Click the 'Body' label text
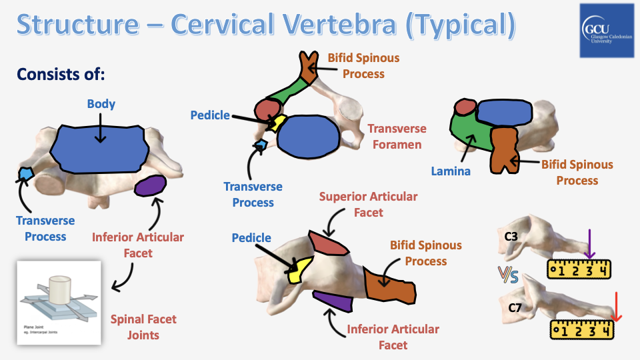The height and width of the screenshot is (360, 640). coord(101,104)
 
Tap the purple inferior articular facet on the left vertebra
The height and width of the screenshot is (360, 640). coord(150,185)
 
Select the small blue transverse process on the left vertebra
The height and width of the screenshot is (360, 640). coord(25,173)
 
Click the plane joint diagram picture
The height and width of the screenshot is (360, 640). coord(58,302)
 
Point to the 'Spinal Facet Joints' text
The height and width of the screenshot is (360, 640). coord(143,327)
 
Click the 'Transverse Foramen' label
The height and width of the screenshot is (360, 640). coord(397,136)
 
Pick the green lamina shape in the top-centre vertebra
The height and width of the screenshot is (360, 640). coord(287,93)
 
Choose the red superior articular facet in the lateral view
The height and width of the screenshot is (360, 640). coord(327,245)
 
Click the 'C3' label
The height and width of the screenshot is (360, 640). coord(512,236)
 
